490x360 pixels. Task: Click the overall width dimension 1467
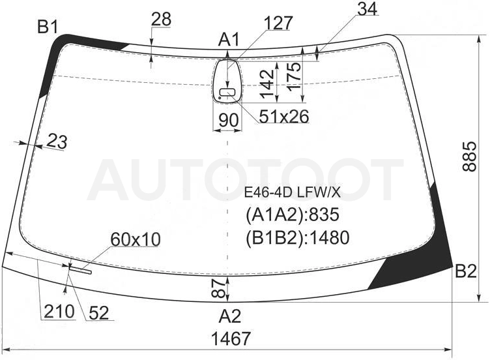tap(231, 338)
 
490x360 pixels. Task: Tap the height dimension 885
tap(469, 157)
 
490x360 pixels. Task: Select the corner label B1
tap(48, 27)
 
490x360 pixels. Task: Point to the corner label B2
tap(466, 271)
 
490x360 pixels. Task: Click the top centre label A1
tap(229, 40)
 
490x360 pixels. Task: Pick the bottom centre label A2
tap(229, 316)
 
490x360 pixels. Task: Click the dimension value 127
tap(278, 23)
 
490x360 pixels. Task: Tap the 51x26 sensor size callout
tap(284, 116)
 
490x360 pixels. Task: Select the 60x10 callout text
tap(136, 239)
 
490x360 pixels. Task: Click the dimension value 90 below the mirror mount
tap(229, 120)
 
